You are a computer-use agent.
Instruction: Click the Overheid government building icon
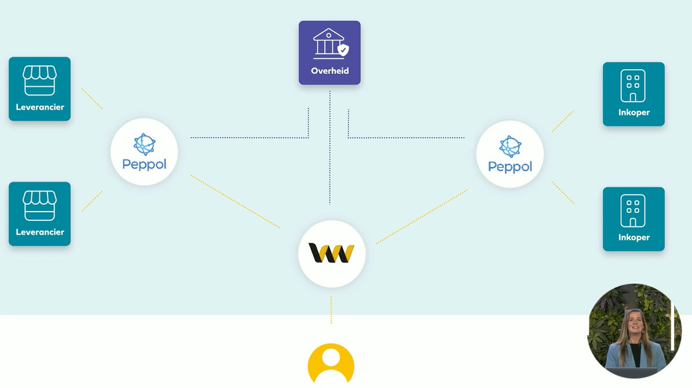pyautogui.click(x=328, y=43)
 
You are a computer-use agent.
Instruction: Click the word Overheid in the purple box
pyautogui.click(x=329, y=71)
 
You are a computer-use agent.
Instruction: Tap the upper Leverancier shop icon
pyautogui.click(x=39, y=80)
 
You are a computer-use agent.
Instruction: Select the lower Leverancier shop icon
pyautogui.click(x=39, y=205)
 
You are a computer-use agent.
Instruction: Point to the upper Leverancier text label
pyautogui.click(x=39, y=107)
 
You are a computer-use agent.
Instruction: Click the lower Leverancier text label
pyautogui.click(x=39, y=232)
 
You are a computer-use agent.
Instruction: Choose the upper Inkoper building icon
pyautogui.click(x=633, y=86)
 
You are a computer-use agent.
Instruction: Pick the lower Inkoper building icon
pyautogui.click(x=633, y=210)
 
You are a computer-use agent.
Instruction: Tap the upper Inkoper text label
pyautogui.click(x=634, y=112)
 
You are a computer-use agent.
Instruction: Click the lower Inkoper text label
pyautogui.click(x=634, y=237)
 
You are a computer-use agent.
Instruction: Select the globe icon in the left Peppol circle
pyautogui.click(x=144, y=145)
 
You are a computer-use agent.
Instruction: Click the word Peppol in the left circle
pyautogui.click(x=144, y=164)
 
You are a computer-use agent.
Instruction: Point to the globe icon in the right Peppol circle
pyautogui.click(x=510, y=147)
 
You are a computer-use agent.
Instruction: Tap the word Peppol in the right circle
pyautogui.click(x=510, y=167)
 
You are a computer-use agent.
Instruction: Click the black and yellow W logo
pyautogui.click(x=331, y=253)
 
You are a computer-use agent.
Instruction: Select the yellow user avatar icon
pyautogui.click(x=331, y=363)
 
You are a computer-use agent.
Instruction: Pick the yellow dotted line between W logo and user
pyautogui.click(x=331, y=311)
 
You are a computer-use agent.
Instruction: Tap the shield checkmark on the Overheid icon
pyautogui.click(x=343, y=50)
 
